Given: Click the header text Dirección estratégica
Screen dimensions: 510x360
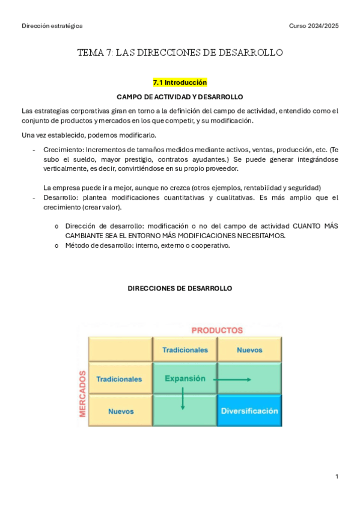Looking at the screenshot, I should [x=52, y=26].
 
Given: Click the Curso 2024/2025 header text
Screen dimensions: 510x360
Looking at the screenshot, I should [x=314, y=26].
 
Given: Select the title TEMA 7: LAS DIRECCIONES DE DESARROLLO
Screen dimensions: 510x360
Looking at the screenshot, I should [x=180, y=53].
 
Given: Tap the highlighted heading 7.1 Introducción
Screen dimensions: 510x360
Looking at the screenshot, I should [x=180, y=82].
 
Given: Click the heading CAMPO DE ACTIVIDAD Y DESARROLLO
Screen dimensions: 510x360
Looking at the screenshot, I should [x=180, y=96].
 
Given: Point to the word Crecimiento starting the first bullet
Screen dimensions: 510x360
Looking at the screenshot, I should [x=63, y=150].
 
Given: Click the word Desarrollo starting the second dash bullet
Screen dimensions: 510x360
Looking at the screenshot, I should [x=61, y=197].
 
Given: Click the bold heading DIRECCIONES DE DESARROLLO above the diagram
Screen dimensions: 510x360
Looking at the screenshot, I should [x=180, y=289].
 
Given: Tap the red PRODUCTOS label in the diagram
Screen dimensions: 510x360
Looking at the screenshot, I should [x=217, y=330].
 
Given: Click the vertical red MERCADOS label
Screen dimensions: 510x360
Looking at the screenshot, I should [x=82, y=393].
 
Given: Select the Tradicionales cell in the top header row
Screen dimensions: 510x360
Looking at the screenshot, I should [x=185, y=349].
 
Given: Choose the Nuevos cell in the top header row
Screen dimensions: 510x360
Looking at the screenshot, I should [x=249, y=349].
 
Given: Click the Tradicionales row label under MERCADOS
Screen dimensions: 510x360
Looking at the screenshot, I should [x=119, y=379].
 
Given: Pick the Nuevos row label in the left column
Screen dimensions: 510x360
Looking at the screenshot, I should [x=121, y=411].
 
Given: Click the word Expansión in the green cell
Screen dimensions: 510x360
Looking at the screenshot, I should [x=185, y=379].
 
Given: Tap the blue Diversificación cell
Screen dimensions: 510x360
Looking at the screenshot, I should [x=249, y=411].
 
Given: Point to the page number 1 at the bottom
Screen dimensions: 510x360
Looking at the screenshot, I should [x=337, y=477].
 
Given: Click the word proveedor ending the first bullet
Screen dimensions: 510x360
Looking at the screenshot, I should [x=221, y=168].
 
